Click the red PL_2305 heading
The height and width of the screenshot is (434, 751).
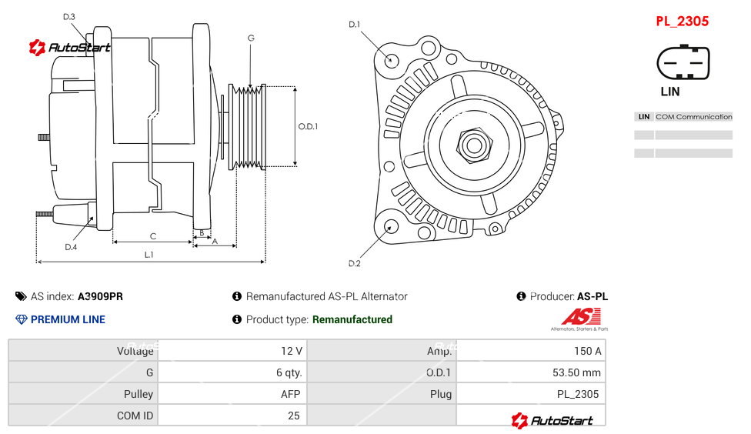(682, 22)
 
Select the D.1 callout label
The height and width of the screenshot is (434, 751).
(354, 25)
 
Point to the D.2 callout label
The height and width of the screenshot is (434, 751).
(354, 264)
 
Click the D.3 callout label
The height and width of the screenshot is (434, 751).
(69, 16)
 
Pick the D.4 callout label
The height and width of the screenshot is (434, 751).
(71, 247)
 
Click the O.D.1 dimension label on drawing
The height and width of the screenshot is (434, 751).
(308, 127)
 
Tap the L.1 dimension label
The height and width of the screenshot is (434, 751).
(149, 254)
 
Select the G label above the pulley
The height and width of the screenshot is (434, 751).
(251, 38)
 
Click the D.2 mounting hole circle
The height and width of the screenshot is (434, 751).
(391, 226)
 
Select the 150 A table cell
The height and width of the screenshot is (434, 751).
(587, 351)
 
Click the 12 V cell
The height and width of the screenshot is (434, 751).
(292, 351)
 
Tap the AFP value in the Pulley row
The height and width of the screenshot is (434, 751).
(291, 394)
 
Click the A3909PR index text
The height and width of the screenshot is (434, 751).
(100, 296)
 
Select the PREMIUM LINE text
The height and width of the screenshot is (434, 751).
(68, 319)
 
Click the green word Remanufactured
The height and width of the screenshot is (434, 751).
(352, 319)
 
